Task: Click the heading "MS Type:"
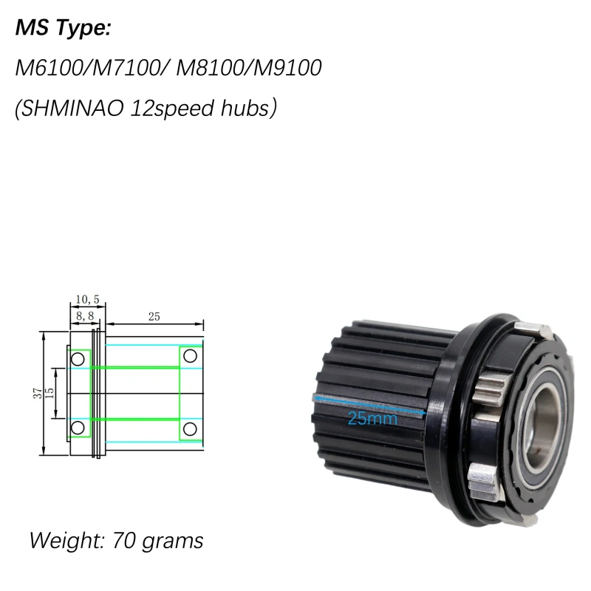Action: [63, 30]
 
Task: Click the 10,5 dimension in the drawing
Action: [87, 299]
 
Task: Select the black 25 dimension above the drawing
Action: [154, 316]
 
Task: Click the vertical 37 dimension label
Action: [38, 393]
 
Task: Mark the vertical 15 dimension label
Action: [49, 393]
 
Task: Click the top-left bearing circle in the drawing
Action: [77, 358]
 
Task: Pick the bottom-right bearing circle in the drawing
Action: [190, 428]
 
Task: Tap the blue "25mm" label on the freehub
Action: [372, 419]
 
